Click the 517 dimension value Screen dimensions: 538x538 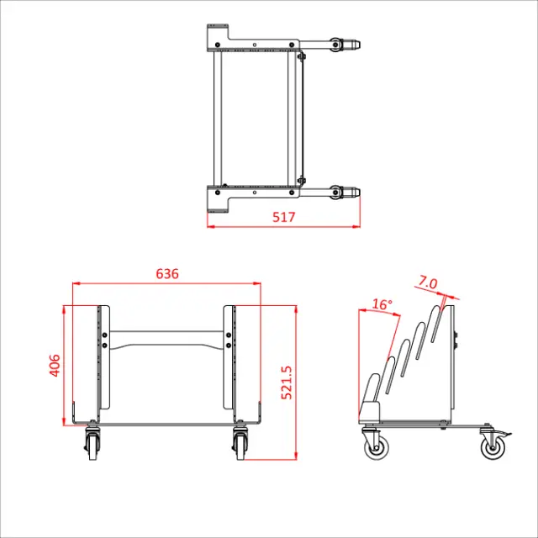[284, 217]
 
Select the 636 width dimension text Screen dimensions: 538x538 [167, 274]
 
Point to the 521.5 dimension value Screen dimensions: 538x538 [286, 382]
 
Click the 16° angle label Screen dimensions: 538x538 [382, 304]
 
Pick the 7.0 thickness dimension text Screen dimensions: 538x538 [428, 283]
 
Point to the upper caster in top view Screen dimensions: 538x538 [339, 44]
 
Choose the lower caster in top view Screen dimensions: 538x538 [339, 193]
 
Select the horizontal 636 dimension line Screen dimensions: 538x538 [167, 284]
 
